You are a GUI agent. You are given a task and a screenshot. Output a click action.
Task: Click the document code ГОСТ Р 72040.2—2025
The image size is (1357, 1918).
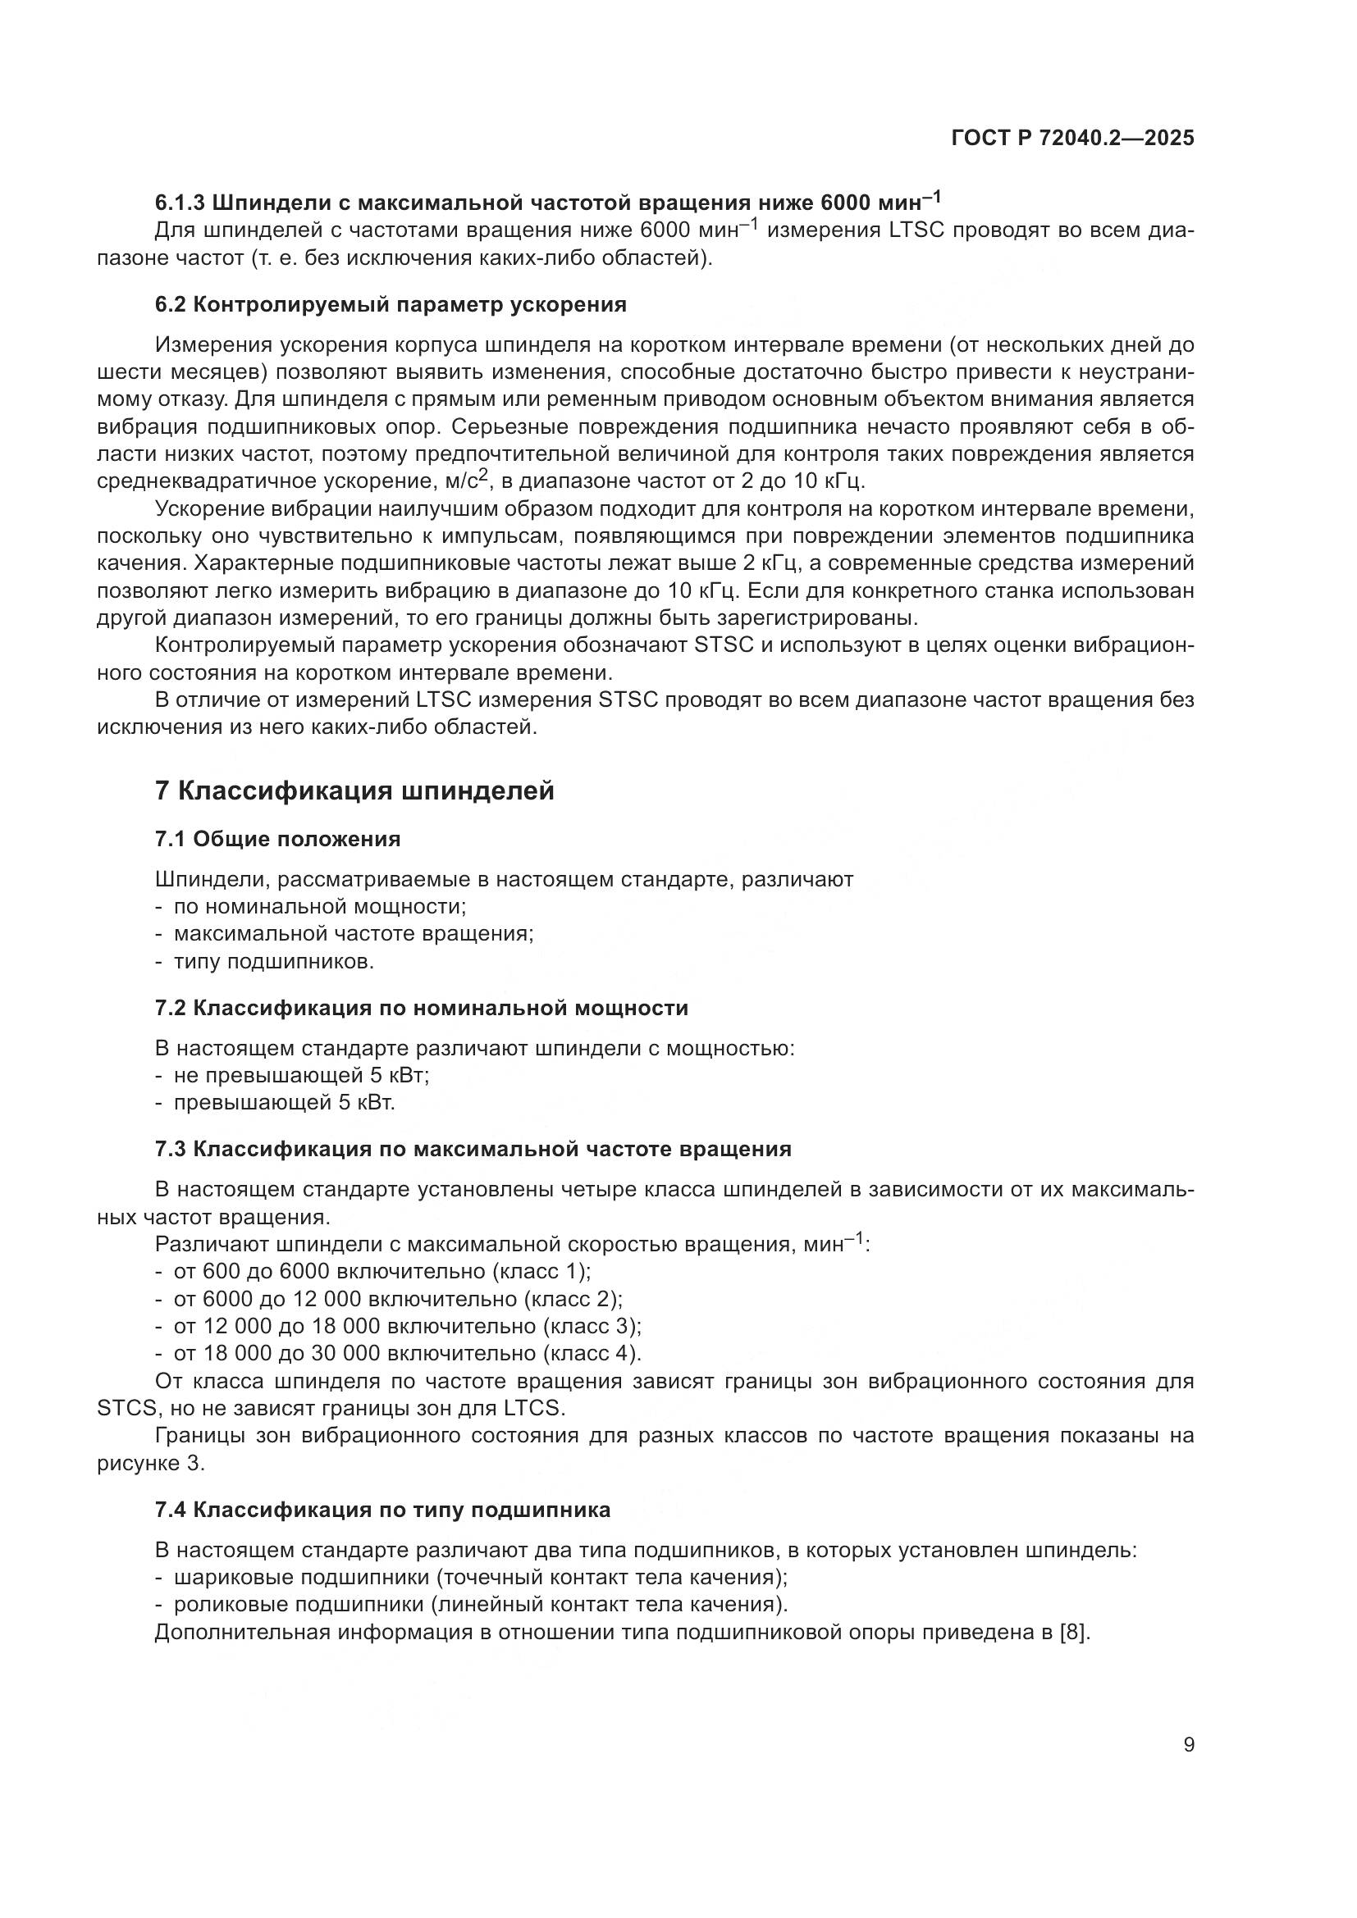pos(1072,139)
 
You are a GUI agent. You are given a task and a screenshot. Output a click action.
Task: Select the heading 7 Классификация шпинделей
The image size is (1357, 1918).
pos(354,790)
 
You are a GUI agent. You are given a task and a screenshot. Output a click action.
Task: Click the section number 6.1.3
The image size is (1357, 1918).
pos(180,203)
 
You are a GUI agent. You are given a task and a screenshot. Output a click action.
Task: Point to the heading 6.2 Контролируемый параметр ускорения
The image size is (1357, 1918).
pos(391,304)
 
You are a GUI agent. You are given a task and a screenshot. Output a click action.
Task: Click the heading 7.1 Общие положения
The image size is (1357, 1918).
pos(277,839)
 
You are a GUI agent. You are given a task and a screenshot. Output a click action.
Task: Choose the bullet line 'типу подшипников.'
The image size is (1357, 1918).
pos(273,962)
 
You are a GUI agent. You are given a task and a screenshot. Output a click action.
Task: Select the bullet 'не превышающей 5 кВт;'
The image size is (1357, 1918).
pos(301,1075)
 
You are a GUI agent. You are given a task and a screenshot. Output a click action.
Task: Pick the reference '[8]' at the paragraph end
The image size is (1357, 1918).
pos(1075,1632)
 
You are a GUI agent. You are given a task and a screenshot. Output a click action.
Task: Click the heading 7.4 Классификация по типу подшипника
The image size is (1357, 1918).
pos(382,1510)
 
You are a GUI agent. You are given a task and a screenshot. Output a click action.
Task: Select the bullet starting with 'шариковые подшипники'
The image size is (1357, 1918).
pos(481,1577)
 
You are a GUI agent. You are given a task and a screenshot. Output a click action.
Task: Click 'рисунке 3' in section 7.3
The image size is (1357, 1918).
pos(150,1464)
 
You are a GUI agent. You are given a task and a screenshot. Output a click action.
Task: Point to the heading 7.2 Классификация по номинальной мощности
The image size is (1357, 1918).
pos(421,1008)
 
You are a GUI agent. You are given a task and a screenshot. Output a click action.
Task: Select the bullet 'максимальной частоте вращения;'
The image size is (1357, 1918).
pos(353,934)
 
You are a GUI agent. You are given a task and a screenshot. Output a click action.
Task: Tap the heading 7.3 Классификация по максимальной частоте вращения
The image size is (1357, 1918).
pos(473,1149)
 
